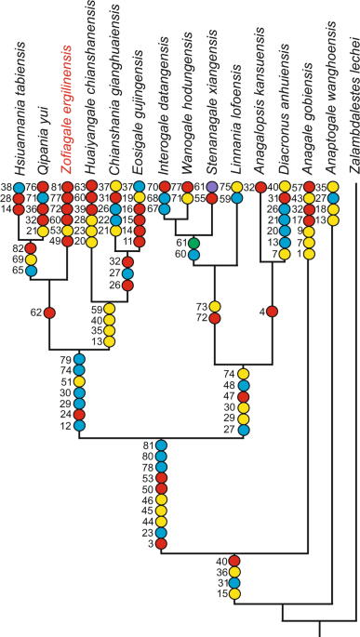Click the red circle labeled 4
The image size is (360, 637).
point(273,311)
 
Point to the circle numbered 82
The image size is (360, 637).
point(30,248)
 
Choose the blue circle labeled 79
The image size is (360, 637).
point(79,360)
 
